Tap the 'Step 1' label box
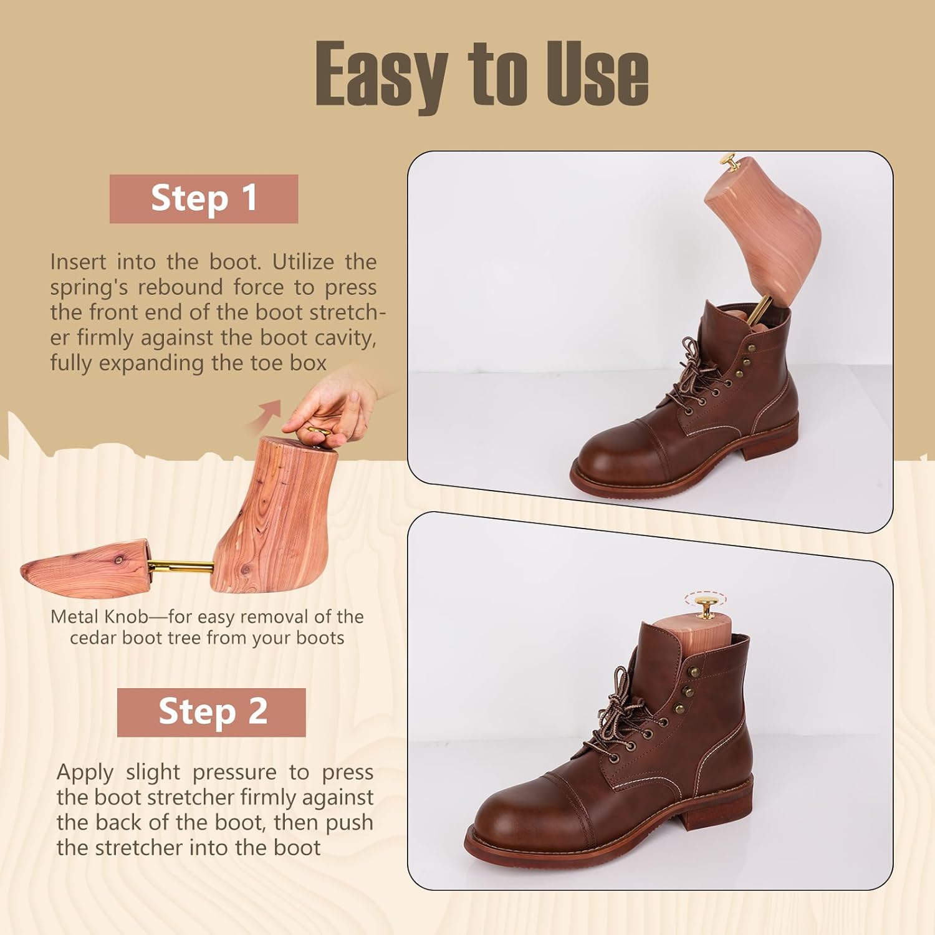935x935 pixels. click(x=204, y=199)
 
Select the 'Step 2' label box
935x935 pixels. click(x=211, y=712)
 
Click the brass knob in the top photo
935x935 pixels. click(x=729, y=162)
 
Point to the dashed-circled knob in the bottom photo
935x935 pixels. click(x=705, y=604)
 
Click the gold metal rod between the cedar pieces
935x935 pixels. click(x=180, y=567)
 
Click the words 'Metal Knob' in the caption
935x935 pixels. click(x=99, y=617)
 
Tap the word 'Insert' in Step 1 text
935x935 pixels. click(x=79, y=262)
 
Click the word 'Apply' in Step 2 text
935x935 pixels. click(x=85, y=772)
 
